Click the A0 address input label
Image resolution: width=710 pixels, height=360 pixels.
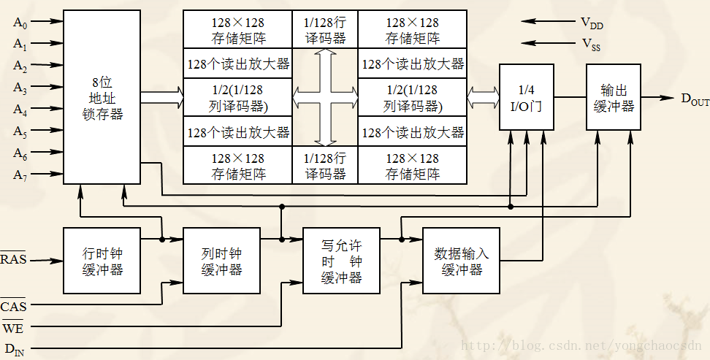tap(20, 22)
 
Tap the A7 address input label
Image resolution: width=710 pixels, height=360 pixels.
tap(20, 175)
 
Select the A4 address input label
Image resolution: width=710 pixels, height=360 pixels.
tap(20, 110)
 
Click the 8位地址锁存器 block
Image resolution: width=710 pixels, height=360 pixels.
tap(102, 97)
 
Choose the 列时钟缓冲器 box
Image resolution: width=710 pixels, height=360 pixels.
tap(221, 261)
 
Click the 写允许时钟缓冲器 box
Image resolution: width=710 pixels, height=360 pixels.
tap(341, 261)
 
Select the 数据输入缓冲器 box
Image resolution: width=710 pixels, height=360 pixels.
tap(461, 261)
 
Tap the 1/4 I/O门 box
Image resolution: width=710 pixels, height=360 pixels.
tap(526, 97)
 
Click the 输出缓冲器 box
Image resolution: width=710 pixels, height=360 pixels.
tap(614, 97)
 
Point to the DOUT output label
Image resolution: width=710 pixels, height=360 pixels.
tap(694, 99)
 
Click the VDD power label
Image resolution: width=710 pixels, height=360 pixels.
tap(592, 24)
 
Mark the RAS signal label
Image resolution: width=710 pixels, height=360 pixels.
tap(12, 259)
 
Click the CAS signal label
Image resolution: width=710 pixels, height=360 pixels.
tap(13, 306)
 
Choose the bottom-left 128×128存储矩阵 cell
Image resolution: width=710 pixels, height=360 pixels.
tap(237, 166)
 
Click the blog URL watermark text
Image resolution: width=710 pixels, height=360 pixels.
tap(584, 345)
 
